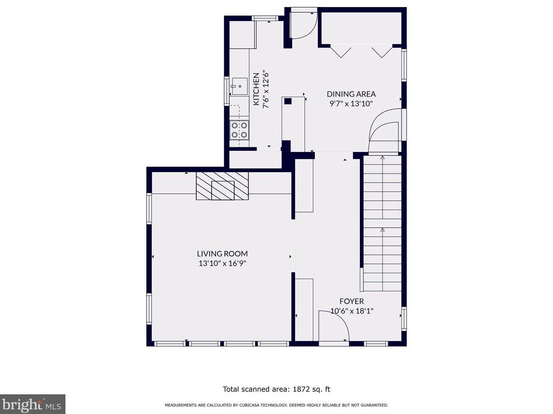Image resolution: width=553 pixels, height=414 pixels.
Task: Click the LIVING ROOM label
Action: [x=222, y=254]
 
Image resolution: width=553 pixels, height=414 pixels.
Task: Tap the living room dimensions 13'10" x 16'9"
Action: [x=222, y=263]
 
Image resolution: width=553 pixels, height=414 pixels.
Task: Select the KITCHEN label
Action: [x=256, y=89]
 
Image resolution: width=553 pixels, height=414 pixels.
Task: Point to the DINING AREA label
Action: [x=351, y=94]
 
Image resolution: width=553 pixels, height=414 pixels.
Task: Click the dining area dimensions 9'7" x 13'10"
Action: [x=351, y=104]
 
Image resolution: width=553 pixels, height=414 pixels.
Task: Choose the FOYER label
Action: [x=351, y=301]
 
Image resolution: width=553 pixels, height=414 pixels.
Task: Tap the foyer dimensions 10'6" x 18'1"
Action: [x=351, y=311]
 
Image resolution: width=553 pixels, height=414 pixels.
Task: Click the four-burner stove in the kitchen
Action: [x=239, y=130]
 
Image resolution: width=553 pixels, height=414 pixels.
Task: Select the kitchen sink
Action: [x=239, y=86]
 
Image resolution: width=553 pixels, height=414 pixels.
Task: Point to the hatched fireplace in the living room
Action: [x=222, y=186]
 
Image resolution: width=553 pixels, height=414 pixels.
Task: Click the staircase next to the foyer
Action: [x=382, y=224]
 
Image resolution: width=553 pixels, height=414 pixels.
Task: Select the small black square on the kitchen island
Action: [x=288, y=101]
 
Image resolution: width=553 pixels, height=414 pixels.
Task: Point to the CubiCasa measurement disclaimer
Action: [x=276, y=405]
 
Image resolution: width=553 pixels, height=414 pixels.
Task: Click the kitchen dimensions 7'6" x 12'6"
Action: [x=266, y=89]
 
